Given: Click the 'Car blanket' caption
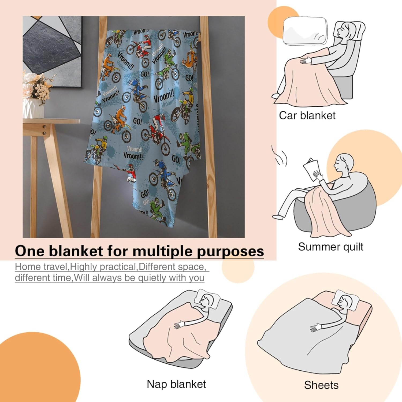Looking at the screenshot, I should click(307, 116).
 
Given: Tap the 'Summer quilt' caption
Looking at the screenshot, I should click(330, 247).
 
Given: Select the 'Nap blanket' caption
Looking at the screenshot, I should click(176, 384).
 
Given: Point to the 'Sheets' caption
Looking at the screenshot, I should click(321, 385).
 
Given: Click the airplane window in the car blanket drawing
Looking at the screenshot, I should click(305, 31).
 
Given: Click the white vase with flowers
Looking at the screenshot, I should click(33, 107).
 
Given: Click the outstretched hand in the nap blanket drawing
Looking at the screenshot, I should click(179, 325).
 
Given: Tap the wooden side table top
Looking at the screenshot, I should click(51, 121).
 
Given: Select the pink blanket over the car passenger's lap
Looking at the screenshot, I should click(306, 83).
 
